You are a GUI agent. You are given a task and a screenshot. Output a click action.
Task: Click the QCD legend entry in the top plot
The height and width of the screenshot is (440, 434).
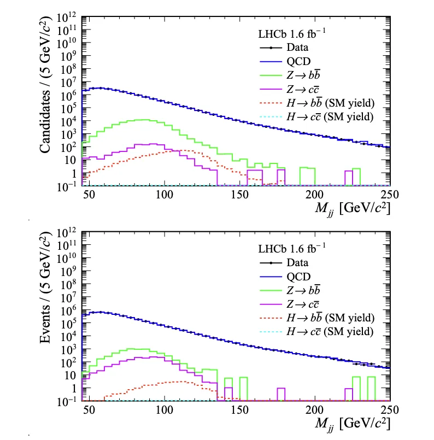tap(285, 61)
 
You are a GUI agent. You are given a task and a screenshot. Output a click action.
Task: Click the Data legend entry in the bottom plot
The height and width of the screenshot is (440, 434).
tap(284, 263)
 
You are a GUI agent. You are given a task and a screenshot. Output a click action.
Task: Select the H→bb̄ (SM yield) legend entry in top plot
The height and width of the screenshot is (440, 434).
tap(317, 103)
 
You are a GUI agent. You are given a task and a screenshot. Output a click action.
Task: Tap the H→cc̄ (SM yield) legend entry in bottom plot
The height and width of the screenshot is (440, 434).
tap(316, 332)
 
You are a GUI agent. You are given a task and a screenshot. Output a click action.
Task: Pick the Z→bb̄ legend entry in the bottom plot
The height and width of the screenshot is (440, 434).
tap(290, 290)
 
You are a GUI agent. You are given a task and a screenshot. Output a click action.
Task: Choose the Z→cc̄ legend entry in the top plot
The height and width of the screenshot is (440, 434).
tap(289, 89)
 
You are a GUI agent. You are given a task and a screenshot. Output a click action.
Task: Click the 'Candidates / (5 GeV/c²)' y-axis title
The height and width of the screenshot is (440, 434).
tap(45, 85)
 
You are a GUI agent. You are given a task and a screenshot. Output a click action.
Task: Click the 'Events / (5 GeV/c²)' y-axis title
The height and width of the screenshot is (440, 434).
tap(45, 288)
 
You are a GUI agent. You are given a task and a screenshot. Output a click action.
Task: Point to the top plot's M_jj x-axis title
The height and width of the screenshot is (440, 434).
tap(353, 209)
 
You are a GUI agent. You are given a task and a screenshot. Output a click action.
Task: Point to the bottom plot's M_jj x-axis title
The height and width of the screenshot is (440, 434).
tap(353, 424)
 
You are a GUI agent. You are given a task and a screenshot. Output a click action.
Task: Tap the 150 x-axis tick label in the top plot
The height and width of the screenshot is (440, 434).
tap(239, 195)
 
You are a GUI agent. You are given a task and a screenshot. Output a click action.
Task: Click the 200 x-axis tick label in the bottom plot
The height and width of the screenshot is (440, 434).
tap(314, 410)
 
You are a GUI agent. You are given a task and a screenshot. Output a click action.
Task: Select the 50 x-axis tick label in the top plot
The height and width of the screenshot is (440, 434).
tap(89, 195)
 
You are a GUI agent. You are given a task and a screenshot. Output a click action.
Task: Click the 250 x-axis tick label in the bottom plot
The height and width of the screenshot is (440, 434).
tap(390, 410)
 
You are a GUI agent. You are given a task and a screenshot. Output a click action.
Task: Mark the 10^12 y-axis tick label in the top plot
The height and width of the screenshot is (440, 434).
tap(67, 17)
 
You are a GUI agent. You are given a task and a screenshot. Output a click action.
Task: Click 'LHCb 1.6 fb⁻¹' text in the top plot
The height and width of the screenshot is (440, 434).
tap(292, 33)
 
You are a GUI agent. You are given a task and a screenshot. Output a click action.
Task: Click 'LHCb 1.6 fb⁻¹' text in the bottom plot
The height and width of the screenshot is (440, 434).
tap(292, 248)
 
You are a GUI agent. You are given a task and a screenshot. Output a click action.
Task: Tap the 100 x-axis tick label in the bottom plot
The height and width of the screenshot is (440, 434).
tap(164, 410)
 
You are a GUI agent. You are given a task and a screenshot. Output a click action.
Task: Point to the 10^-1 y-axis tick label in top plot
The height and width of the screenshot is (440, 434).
tap(67, 186)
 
